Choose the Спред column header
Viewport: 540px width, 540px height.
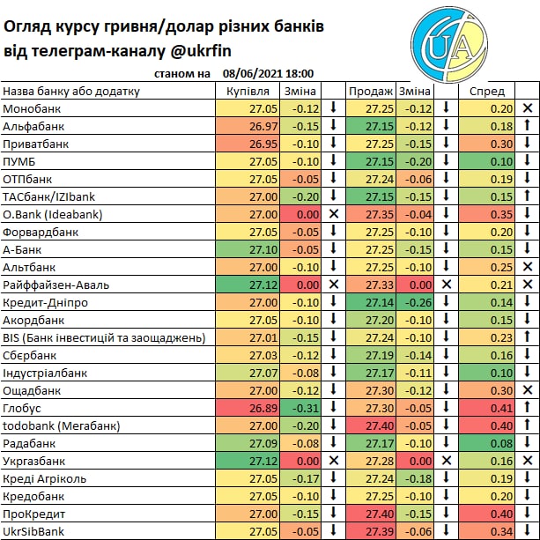pos(487,91)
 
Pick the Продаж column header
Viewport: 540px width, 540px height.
pos(370,91)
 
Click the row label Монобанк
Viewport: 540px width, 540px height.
pos(32,108)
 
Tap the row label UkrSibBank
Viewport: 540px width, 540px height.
pos(34,531)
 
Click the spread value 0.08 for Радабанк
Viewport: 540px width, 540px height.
pos(500,443)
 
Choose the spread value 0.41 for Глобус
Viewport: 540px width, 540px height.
pos(500,408)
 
